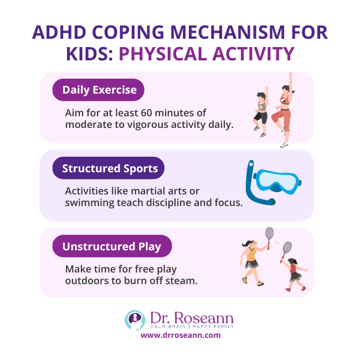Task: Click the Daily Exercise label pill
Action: [x=98, y=90]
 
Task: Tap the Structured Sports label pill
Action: [x=109, y=168]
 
